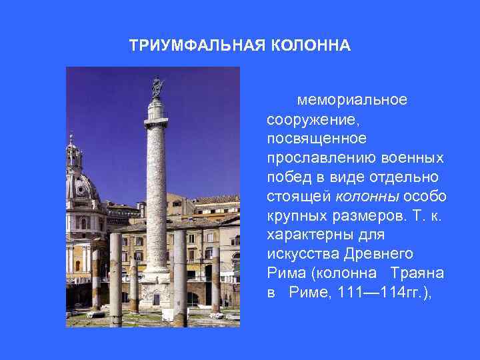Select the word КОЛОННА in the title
point(310,46)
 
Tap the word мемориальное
point(353,100)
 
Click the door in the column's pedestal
point(156,299)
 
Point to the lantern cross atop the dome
point(71,139)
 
